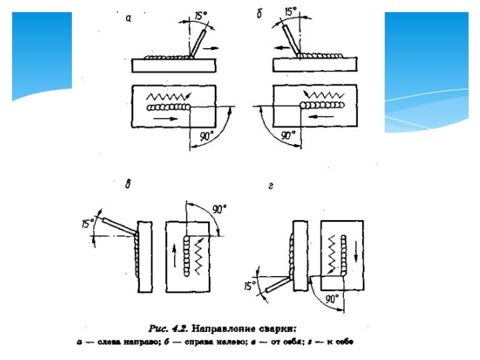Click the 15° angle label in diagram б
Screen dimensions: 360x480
[290, 12]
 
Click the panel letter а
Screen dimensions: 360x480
[128, 19]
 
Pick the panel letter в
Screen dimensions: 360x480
[127, 185]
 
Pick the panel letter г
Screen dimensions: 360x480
[271, 187]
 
